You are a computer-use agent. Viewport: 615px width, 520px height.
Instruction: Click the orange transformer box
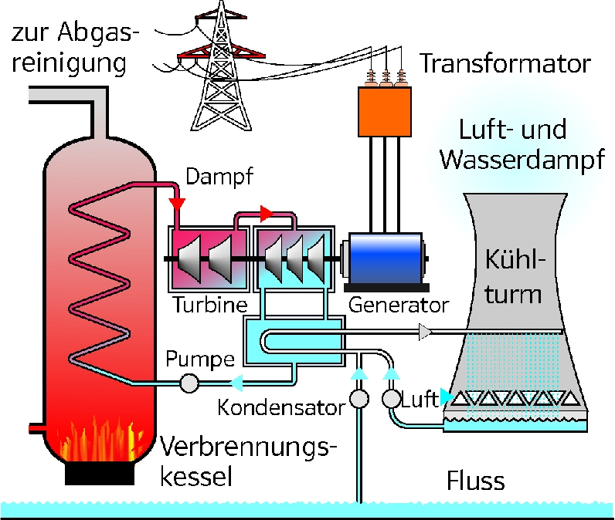click(385, 112)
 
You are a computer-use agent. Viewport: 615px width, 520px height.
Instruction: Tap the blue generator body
click(386, 258)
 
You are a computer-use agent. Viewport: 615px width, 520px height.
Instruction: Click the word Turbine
click(210, 305)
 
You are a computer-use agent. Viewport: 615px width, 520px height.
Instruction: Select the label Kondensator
click(281, 407)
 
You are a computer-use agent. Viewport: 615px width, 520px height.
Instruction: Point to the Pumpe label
click(200, 360)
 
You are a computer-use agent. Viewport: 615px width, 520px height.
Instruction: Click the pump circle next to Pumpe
click(189, 383)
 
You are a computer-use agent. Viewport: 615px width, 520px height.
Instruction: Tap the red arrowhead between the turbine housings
click(267, 214)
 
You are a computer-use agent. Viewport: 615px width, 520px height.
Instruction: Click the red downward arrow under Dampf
click(177, 204)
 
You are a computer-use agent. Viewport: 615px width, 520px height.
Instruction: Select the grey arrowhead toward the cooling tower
click(425, 332)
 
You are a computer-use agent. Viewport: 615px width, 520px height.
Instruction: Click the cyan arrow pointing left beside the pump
click(236, 383)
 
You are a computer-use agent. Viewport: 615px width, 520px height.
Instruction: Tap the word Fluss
click(475, 481)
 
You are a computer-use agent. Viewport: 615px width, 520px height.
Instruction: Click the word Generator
click(399, 305)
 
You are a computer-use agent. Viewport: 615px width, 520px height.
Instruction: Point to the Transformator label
click(505, 63)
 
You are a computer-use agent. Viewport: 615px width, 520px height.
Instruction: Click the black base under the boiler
click(100, 474)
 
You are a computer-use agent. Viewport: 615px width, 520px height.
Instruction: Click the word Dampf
click(219, 177)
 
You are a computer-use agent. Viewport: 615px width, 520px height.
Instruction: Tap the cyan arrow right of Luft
click(447, 397)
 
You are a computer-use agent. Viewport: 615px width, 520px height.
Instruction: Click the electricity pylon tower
click(221, 66)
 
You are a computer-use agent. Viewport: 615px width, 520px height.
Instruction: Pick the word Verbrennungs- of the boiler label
click(249, 448)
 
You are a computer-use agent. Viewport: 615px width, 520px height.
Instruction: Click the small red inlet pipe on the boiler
click(36, 429)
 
